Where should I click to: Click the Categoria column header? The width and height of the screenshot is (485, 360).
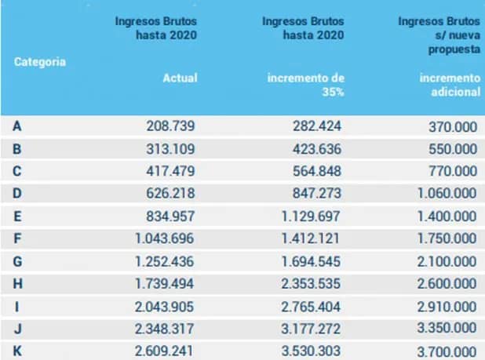click(39, 62)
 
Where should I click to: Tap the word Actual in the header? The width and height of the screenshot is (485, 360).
click(180, 78)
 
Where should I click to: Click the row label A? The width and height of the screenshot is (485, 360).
click(17, 126)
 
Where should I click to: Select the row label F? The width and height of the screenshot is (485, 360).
click(17, 238)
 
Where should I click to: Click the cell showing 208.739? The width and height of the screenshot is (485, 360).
click(170, 126)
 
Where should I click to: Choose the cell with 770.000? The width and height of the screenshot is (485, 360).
click(453, 171)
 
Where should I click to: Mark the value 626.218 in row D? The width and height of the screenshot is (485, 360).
click(170, 194)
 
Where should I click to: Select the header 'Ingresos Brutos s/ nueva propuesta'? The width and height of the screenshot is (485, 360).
click(438, 35)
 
